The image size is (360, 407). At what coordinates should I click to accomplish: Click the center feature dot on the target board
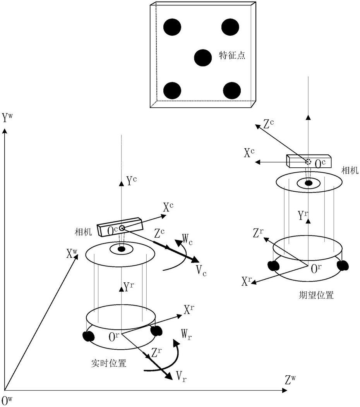pos(203,58)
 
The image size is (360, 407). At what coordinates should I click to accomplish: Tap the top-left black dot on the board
pos(172,27)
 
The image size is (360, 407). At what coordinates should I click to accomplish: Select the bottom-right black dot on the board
pos(232,91)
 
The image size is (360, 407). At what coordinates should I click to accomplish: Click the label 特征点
pos(232,55)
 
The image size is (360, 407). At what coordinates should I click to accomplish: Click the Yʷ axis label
pos(7,117)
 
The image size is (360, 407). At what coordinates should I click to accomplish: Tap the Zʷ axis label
pos(290,380)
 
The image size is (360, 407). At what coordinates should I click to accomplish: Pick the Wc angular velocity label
pos(187,239)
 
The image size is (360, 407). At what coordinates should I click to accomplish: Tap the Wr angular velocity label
pos(187,334)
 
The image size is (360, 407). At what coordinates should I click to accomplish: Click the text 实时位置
pos(109,363)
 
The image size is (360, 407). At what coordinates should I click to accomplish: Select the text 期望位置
pos(316,295)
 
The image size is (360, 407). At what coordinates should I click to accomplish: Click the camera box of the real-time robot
pos(120,227)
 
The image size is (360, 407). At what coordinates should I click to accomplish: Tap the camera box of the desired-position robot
pos(309,161)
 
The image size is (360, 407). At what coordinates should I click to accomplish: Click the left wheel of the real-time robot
pos(88,336)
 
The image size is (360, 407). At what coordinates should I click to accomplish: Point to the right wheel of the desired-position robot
pos(342,265)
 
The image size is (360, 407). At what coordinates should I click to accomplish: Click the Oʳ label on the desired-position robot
pos(316,269)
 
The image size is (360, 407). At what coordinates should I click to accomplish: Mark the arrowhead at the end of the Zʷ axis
pos(285,390)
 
